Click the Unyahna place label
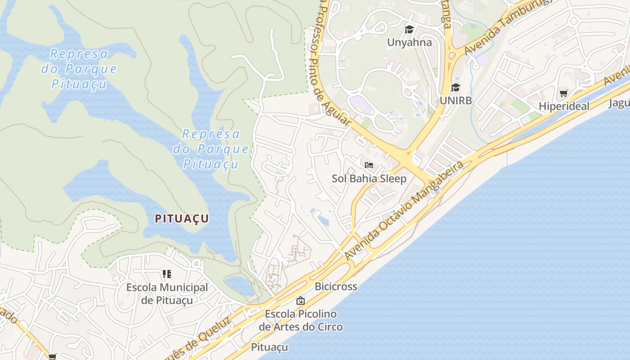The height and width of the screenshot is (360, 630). coord(409,42)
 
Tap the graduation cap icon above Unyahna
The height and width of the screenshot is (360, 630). coord(409,30)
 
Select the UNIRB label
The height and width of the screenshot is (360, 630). coord(456,100)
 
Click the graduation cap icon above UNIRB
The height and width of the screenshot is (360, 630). coord(456,87)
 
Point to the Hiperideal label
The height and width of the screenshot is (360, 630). coord(563,107)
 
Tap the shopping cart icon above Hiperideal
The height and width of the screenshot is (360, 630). coord(563,94)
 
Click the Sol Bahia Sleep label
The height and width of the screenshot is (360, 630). coord(369,178)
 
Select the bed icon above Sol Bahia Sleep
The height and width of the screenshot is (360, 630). coord(369,165)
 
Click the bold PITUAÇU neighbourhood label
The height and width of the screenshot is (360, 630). coord(182,219)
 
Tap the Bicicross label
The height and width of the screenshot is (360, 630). coord(336,286)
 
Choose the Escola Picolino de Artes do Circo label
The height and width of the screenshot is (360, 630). coord(301,320)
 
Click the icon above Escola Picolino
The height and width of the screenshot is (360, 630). coord(301,301)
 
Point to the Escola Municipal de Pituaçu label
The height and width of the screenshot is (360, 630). coord(167,293)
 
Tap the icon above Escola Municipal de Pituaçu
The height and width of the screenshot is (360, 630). coord(167,274)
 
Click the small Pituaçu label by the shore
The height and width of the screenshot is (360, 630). coord(269,347)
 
